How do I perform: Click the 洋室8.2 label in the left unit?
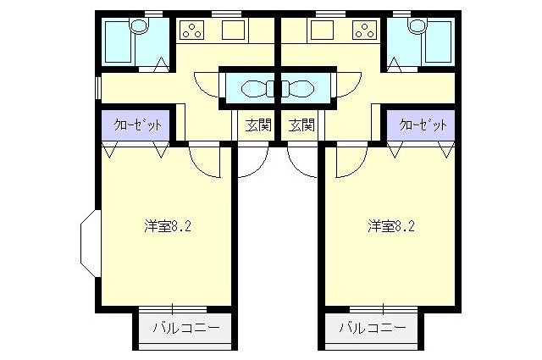pos(167,226)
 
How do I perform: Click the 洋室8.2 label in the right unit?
pos(390,226)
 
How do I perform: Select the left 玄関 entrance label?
pos(257,126)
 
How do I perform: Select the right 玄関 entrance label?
pos(301,126)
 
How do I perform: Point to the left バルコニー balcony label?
pos(185,327)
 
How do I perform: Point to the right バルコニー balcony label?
pos(372,327)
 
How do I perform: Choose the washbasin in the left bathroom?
pos(141,27)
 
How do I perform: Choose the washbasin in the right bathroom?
pos(415,27)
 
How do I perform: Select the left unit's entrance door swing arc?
pos(252,161)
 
